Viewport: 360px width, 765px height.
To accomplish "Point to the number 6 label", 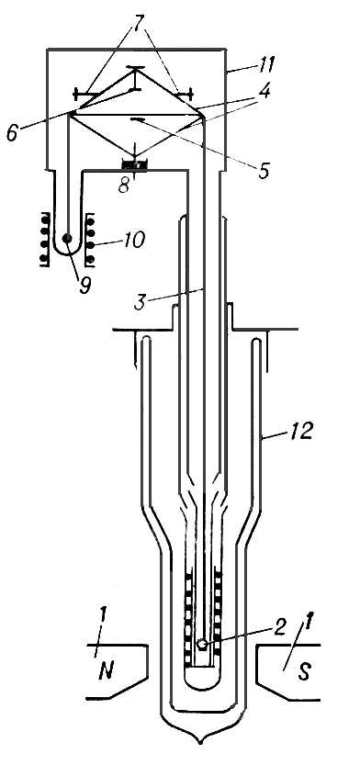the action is pyautogui.click(x=13, y=131).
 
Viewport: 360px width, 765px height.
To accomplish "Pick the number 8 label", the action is pyautogui.click(x=124, y=185).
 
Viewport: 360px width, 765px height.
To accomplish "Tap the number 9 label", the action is pyautogui.click(x=84, y=285).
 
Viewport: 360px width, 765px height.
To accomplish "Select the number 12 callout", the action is pyautogui.click(x=299, y=432).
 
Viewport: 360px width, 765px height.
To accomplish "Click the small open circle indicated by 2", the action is pyautogui.click(x=201, y=644).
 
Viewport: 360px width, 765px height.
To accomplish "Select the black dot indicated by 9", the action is pyautogui.click(x=67, y=239).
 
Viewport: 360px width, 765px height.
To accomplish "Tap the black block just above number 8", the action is pyautogui.click(x=134, y=165).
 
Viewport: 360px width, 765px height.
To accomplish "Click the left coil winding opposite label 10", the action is pyautogui.click(x=45, y=239).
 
